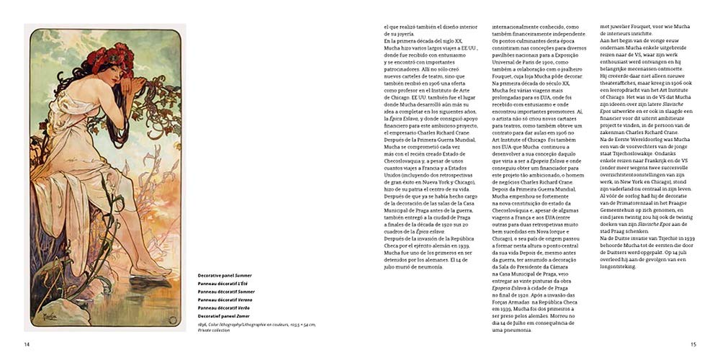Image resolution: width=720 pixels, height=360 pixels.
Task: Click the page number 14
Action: coord(27,344)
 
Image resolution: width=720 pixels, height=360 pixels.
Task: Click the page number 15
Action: coord(693,344)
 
